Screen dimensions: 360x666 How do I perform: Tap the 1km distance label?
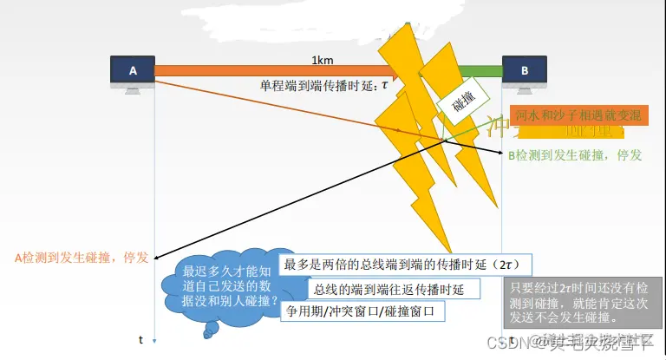click(322, 61)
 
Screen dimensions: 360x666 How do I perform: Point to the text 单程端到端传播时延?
click(316, 87)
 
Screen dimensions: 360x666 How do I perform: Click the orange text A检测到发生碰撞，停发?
click(82, 257)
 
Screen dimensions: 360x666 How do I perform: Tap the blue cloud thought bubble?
click(224, 287)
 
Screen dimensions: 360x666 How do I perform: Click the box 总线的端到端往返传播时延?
click(382, 289)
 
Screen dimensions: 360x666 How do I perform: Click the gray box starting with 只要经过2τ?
click(582, 302)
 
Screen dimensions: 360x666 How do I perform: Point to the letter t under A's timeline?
click(140, 340)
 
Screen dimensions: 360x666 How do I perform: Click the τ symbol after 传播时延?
click(383, 87)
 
